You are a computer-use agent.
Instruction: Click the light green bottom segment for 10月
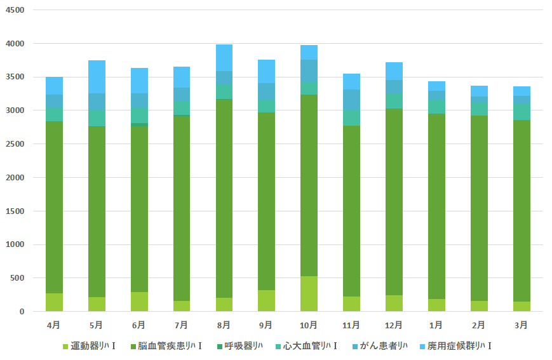click(x=309, y=294)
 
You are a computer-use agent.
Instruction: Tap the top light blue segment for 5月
click(x=97, y=77)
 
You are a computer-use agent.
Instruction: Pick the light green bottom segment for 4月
click(x=54, y=302)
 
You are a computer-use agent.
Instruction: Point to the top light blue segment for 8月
click(x=224, y=58)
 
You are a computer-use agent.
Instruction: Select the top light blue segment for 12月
click(x=394, y=71)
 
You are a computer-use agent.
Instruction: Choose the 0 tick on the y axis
click(x=22, y=312)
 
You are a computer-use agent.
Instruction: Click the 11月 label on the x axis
click(x=351, y=325)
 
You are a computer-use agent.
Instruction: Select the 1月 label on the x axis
click(x=436, y=325)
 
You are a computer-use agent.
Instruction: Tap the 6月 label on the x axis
click(x=138, y=325)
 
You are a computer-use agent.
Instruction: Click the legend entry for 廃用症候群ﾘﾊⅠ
click(x=454, y=346)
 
